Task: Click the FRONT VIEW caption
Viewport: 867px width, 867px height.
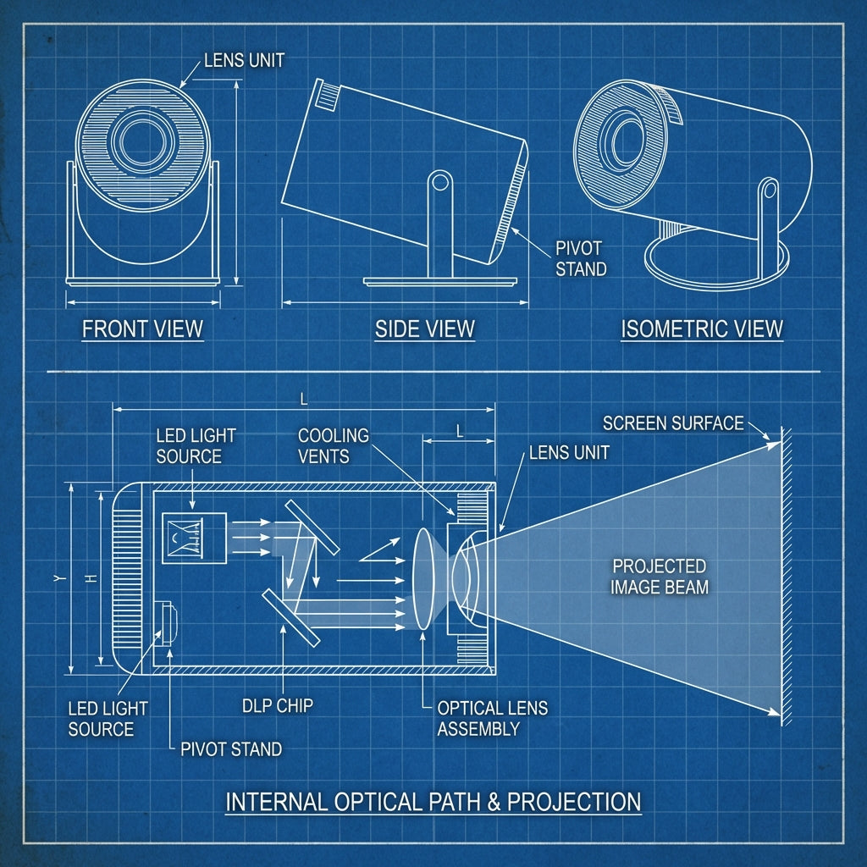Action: tap(142, 329)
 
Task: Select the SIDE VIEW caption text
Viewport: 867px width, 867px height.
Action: tap(425, 329)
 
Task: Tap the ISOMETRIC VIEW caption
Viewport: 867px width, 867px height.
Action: tap(702, 329)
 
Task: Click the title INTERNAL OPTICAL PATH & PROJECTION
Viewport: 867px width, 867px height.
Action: tap(433, 801)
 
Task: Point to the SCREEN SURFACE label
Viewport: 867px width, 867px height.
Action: tap(673, 422)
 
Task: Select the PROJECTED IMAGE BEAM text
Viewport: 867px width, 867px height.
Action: tap(660, 576)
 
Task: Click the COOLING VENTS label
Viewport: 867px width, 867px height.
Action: tap(334, 445)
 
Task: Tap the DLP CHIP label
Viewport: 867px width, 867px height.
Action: tap(278, 705)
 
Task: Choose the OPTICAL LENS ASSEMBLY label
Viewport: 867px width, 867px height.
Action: tap(492, 718)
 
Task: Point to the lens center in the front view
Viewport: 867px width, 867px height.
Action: tap(141, 141)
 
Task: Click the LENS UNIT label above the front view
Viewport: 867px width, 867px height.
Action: tap(244, 61)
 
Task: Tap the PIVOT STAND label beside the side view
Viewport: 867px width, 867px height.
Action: tap(580, 259)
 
